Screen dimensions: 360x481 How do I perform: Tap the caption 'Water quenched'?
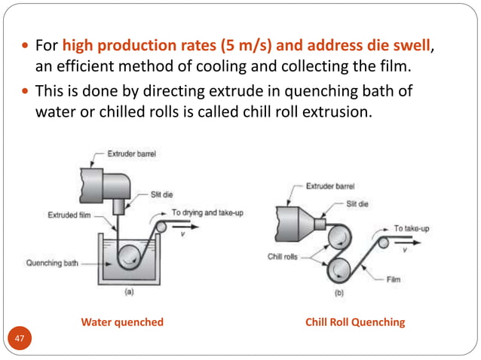122,322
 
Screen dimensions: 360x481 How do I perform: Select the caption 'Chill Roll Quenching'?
354,322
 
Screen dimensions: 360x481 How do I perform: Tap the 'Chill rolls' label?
284,256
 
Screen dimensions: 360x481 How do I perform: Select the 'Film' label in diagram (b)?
394,278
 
